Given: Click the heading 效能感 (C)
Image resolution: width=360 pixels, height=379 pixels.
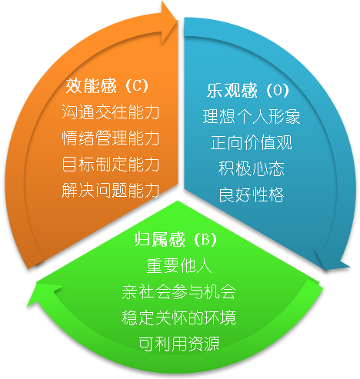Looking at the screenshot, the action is [x=107, y=86].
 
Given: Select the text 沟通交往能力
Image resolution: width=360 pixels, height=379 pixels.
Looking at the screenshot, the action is [x=111, y=112].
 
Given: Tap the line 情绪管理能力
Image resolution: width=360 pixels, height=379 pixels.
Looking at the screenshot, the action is [x=111, y=138].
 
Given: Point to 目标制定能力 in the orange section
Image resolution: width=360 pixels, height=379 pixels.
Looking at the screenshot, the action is [x=111, y=164].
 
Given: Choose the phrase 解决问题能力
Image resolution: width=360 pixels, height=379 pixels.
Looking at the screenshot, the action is [x=111, y=190].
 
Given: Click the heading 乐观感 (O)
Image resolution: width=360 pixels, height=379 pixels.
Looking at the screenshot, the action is [x=248, y=90].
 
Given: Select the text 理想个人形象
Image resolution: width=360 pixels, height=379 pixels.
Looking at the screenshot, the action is [x=252, y=116].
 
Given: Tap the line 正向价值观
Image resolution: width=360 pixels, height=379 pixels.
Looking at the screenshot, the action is [x=252, y=142].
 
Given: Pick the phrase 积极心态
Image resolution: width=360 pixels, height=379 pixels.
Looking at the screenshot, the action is [x=252, y=168].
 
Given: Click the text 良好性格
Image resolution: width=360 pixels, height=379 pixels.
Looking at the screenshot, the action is [x=252, y=194].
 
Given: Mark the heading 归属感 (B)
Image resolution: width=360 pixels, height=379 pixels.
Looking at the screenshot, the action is [x=176, y=239].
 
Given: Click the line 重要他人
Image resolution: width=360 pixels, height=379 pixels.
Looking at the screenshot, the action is [x=179, y=265].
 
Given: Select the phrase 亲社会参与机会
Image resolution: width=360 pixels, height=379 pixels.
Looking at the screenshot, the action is [x=178, y=291].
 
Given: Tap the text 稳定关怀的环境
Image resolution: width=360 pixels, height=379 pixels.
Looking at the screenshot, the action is [x=178, y=317].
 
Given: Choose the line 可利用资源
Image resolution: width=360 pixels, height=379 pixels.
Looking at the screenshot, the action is [x=179, y=344].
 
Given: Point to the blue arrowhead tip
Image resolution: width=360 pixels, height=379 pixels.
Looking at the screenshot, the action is [x=326, y=270].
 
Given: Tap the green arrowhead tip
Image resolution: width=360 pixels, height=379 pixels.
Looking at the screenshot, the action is [x=27, y=306].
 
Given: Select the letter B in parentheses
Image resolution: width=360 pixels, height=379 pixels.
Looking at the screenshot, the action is [x=205, y=240].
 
